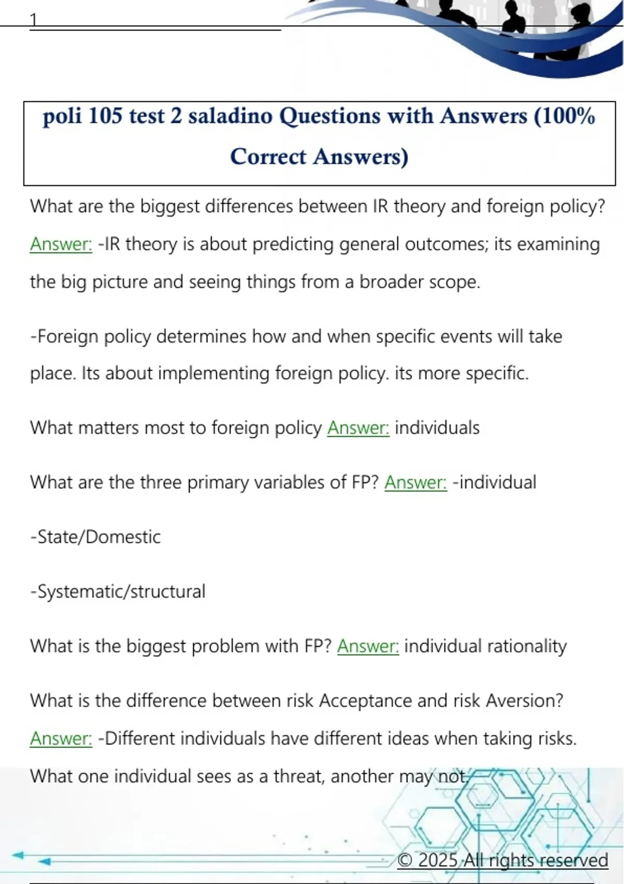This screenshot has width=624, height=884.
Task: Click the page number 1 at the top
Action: pos(34,20)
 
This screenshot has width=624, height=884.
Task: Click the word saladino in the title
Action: pos(230,116)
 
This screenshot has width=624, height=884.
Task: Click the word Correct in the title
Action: pos(268,157)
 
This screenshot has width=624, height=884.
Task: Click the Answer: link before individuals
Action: pos(358,428)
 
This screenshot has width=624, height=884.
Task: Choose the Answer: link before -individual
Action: pos(415,483)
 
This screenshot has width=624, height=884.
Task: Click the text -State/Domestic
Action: pos(96,537)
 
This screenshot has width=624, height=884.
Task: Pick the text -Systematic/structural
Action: pos(118,592)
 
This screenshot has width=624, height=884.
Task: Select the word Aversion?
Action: pos(524,701)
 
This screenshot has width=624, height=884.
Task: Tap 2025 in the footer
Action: pos(438,861)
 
